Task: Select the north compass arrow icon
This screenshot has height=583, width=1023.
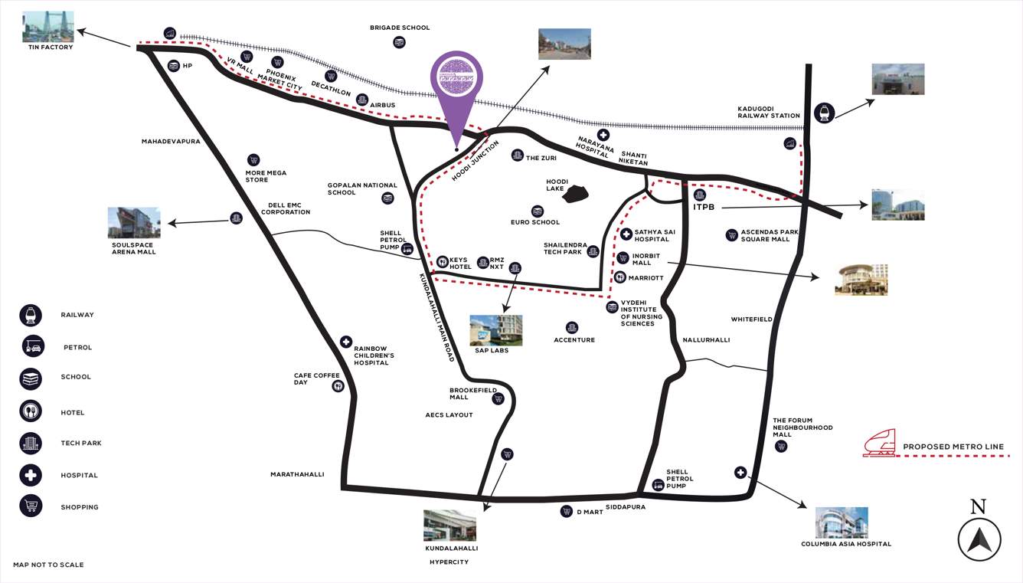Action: click(979, 539)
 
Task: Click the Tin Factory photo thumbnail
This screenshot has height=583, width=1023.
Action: click(48, 27)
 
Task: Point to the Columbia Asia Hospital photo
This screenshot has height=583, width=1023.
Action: click(842, 522)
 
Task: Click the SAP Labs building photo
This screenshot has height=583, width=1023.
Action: click(495, 330)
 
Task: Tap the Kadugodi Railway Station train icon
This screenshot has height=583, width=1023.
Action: click(825, 113)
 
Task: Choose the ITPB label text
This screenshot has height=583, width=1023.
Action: click(704, 207)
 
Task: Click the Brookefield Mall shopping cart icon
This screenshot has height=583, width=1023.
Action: click(498, 398)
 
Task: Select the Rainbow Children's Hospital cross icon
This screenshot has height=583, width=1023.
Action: click(346, 342)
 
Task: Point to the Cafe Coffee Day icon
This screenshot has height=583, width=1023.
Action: click(338, 386)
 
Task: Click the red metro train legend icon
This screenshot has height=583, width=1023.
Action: click(879, 444)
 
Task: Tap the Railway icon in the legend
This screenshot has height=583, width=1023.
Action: click(31, 315)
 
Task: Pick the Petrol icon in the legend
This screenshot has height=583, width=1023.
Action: click(33, 346)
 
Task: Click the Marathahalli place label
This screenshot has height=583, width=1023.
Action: click(297, 474)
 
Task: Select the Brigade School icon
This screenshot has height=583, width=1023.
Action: click(399, 43)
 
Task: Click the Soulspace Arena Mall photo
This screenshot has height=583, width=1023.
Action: click(134, 223)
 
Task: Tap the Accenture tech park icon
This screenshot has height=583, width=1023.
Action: click(571, 328)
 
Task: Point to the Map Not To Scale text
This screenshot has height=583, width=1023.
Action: click(48, 565)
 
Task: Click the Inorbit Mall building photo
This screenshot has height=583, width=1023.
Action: click(861, 280)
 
